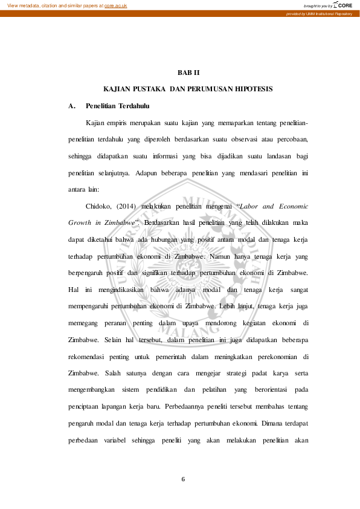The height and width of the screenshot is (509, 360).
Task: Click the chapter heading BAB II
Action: pyautogui.click(x=188, y=73)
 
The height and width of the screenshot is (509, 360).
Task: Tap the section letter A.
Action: pyautogui.click(x=71, y=106)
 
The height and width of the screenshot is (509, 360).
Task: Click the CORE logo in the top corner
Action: pyautogui.click(x=344, y=5)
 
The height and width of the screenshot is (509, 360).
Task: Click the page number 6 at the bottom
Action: pyautogui.click(x=183, y=479)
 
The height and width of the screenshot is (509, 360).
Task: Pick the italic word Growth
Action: pyautogui.click(x=80, y=222)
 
